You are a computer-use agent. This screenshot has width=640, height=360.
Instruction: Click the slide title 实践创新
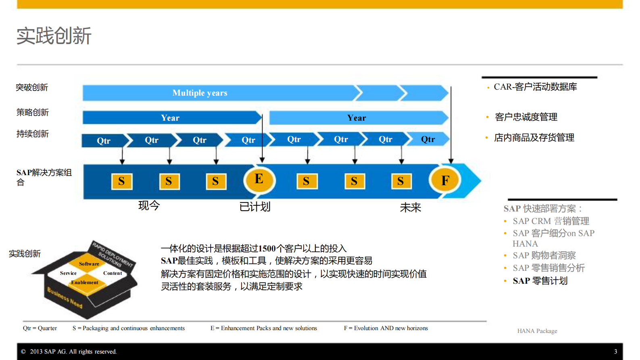click(54, 36)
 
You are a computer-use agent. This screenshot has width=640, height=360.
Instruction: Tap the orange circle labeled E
click(259, 179)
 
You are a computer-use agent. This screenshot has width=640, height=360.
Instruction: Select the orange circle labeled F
click(445, 180)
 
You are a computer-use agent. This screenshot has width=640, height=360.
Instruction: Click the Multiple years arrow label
click(200, 93)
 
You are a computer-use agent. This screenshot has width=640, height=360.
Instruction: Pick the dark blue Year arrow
click(170, 118)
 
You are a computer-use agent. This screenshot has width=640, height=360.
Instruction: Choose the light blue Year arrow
click(356, 118)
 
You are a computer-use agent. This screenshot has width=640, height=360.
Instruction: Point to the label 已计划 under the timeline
click(254, 207)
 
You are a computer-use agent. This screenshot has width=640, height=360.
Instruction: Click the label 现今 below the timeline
click(149, 205)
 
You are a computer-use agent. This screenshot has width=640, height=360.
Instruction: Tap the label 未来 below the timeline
click(410, 207)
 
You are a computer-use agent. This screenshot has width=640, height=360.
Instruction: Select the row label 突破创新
click(32, 88)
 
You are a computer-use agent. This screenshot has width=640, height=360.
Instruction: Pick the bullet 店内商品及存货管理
click(534, 138)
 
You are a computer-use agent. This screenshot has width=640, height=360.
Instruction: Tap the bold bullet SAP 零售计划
click(540, 281)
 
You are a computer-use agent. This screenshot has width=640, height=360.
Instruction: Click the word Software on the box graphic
click(89, 264)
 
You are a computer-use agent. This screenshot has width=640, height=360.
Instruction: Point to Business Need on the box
click(65, 298)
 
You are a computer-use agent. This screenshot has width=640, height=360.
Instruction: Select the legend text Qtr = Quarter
click(40, 328)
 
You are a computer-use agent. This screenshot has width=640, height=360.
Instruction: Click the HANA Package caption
click(537, 331)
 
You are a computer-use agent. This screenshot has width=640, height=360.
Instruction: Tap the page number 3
click(615, 352)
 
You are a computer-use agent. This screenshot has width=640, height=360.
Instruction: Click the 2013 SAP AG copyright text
click(73, 352)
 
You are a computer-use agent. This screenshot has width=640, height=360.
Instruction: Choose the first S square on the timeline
click(121, 181)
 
